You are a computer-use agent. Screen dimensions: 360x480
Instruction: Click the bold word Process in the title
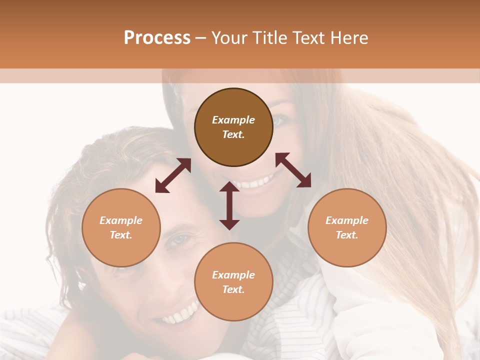[x=157, y=38]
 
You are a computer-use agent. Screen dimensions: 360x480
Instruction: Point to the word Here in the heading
[x=348, y=38]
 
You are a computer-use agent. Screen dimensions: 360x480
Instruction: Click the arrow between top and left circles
[x=173, y=175]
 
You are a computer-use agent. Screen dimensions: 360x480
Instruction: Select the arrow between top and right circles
[x=293, y=170]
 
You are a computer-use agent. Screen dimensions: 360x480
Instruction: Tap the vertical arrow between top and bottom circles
[x=229, y=205]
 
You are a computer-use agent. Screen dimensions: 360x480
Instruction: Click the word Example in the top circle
[x=233, y=120]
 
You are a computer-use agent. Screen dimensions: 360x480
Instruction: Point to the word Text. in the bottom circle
[x=233, y=289]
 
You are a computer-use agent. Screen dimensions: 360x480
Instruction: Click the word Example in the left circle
[x=121, y=220]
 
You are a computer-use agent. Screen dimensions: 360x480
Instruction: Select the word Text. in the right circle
[x=347, y=235]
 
